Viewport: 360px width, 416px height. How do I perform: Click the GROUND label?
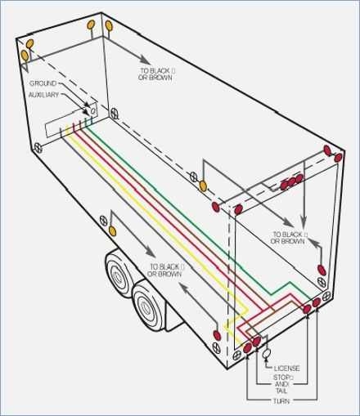[x=43, y=83]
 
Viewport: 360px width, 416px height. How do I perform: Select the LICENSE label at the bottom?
[x=286, y=369]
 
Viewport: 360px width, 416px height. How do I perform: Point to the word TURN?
[x=281, y=400]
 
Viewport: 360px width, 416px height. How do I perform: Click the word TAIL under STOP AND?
[x=282, y=390]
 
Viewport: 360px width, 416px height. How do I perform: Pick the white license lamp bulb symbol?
[x=267, y=354]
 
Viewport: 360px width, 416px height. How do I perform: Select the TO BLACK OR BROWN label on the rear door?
[x=289, y=238]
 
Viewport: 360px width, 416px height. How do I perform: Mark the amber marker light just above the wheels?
[x=104, y=220]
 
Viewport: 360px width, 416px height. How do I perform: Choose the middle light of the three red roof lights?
[x=292, y=181]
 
